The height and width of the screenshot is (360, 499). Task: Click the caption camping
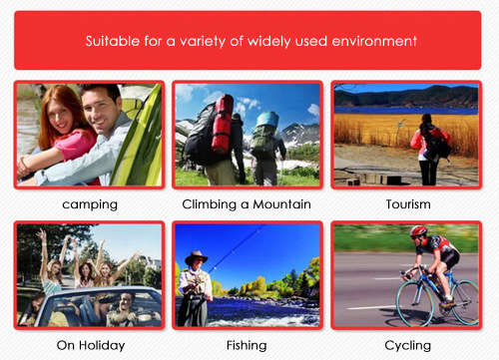point(90,204)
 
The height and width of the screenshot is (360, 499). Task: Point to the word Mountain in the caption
point(282,204)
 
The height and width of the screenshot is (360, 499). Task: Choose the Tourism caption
point(408,204)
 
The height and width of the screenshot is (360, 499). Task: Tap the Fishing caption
point(248,345)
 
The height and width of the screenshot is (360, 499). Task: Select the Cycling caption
point(407,345)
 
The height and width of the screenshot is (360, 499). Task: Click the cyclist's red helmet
point(418,231)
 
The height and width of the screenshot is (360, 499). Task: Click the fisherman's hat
point(196,255)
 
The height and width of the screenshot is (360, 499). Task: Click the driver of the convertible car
point(124,302)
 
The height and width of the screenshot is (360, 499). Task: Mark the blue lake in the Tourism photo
point(399,109)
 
